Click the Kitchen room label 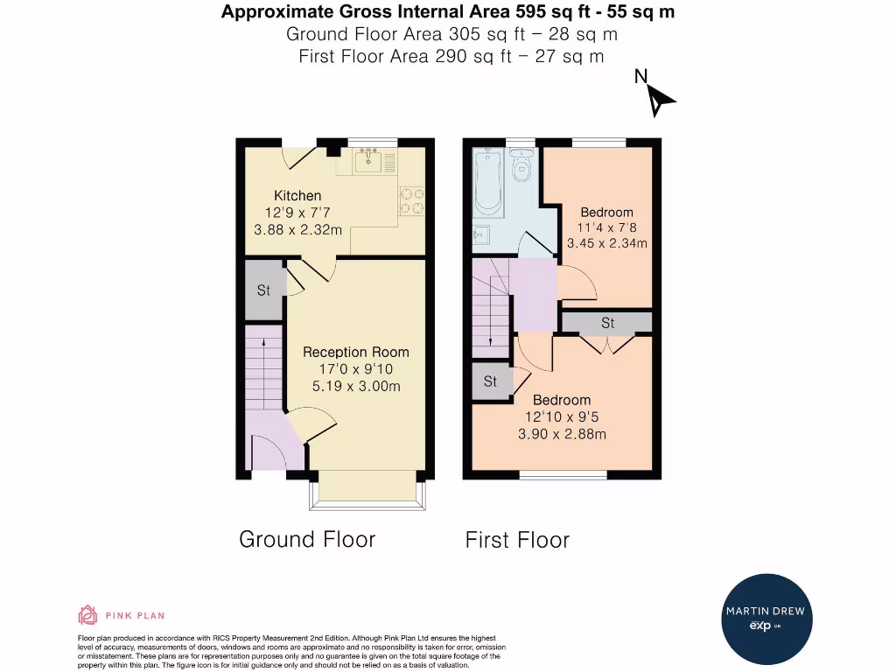(297, 195)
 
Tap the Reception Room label (356, 352)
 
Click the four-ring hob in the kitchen (412, 201)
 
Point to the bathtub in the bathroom (488, 182)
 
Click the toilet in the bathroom (521, 164)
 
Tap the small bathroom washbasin (481, 234)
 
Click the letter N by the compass (640, 76)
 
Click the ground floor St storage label (263, 290)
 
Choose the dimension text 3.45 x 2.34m (607, 243)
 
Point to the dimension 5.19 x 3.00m (356, 386)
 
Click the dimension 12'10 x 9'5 (562, 417)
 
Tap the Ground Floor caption (307, 539)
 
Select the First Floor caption (517, 540)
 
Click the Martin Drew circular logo (766, 619)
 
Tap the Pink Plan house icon (87, 615)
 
